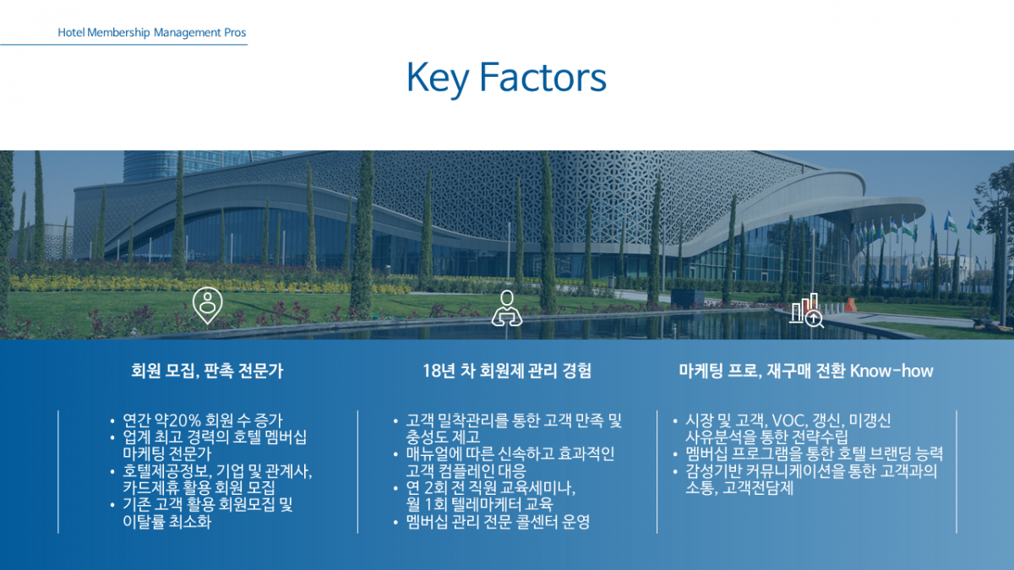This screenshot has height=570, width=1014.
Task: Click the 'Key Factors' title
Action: click(x=506, y=78)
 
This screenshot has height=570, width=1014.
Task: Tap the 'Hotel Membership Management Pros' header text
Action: click(x=151, y=33)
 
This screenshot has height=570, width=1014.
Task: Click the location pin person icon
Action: click(x=207, y=306)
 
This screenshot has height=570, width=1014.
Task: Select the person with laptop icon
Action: click(x=507, y=308)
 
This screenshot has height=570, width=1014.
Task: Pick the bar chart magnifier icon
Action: click(x=807, y=311)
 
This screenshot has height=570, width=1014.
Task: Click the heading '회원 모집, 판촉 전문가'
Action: click(x=207, y=371)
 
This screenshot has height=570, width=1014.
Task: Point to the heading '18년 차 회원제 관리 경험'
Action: click(x=507, y=371)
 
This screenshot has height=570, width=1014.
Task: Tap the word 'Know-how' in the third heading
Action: click(x=891, y=371)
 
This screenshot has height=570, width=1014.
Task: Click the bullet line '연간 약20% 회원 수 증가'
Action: click(x=202, y=421)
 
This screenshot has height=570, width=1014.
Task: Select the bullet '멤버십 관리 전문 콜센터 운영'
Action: click(x=498, y=522)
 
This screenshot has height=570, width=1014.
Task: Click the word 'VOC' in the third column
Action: click(x=789, y=421)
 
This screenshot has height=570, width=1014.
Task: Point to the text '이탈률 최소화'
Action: click(x=167, y=522)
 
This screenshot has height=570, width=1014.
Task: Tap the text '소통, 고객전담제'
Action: click(x=739, y=488)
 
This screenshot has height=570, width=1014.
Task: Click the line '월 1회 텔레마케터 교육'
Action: click(x=479, y=504)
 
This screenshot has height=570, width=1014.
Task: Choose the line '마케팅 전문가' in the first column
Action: click(x=167, y=453)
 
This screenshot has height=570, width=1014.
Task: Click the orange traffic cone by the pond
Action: click(x=850, y=305)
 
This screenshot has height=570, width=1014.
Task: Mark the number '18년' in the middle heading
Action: click(x=439, y=371)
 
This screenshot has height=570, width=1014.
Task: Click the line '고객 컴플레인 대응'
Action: click(x=466, y=471)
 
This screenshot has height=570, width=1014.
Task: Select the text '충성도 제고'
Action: click(x=443, y=437)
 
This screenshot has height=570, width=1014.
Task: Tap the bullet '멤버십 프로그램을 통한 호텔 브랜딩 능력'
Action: click(x=814, y=453)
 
